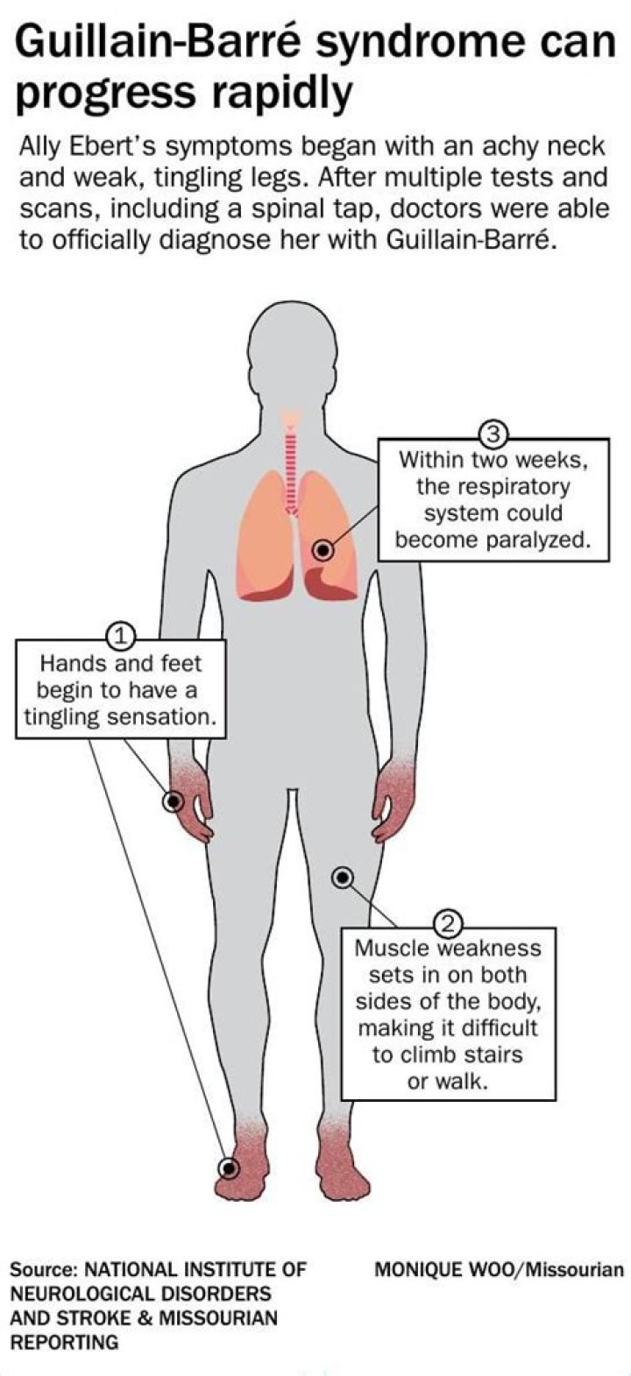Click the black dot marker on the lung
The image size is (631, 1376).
coord(324,550)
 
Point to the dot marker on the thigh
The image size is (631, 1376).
coord(344,876)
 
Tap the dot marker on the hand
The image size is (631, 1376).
coord(174,800)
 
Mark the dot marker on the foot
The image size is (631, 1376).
coord(230,1168)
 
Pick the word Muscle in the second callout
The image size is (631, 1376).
coord(387,948)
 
